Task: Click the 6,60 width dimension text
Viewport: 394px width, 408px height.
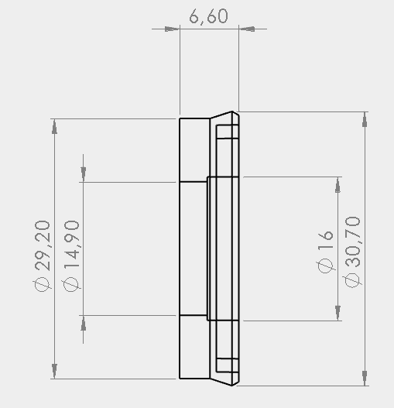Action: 208,16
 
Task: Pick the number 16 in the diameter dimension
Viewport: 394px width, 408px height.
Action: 325,238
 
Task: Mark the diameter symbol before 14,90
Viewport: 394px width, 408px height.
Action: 71,285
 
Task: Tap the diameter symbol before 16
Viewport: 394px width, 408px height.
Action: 325,264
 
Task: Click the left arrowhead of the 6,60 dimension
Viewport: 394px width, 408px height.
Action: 172,29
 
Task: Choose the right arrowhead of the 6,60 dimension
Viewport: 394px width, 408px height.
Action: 246,29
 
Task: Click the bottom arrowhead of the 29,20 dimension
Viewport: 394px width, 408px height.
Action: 53,371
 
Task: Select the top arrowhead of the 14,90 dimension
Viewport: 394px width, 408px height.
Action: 83,174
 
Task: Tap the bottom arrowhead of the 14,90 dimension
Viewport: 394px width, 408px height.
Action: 83,324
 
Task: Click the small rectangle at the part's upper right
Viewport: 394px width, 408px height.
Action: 226,132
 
